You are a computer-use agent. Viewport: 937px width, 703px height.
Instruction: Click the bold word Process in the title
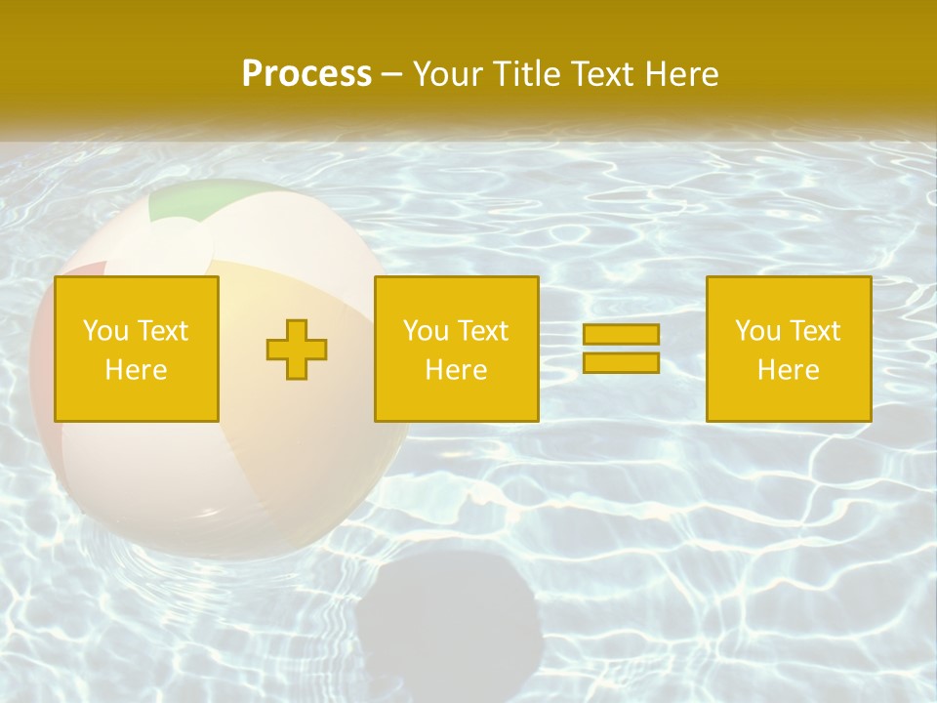[306, 74]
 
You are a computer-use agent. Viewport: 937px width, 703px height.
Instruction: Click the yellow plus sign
[297, 350]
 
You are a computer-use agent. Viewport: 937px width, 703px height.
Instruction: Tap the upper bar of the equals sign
[621, 334]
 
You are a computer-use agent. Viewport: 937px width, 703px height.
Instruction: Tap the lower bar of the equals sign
[621, 362]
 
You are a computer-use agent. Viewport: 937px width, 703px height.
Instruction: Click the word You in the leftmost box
[105, 331]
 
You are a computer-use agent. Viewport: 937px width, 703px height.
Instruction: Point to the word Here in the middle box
[457, 370]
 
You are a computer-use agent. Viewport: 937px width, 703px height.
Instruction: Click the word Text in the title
[600, 74]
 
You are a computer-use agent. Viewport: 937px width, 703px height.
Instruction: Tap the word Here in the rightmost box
[789, 370]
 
